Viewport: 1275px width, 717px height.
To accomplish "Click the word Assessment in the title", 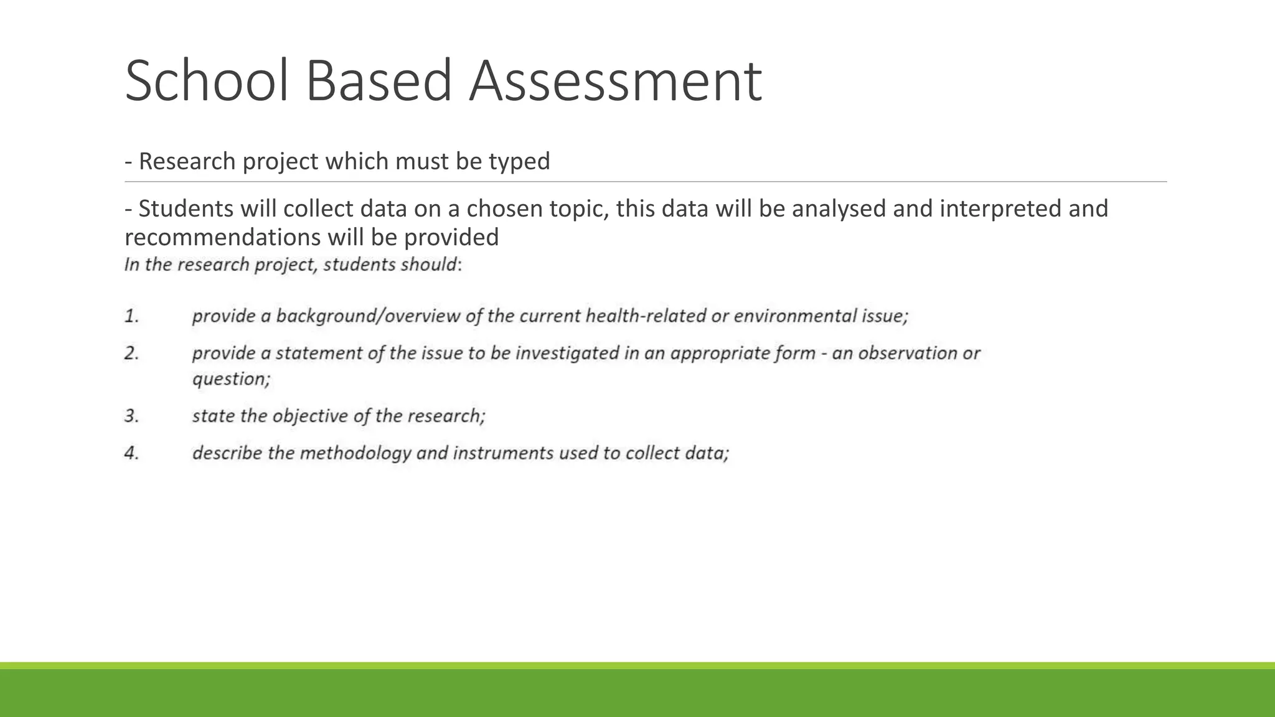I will (615, 81).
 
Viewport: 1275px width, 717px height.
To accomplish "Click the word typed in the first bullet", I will (519, 162).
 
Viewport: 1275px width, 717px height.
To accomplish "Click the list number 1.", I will (131, 316).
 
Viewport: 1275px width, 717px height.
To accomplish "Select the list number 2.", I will (131, 354).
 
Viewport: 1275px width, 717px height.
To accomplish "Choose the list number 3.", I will (131, 416).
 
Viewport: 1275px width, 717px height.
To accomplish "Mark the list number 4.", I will (131, 453).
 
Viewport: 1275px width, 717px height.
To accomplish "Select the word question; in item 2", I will (231, 379).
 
